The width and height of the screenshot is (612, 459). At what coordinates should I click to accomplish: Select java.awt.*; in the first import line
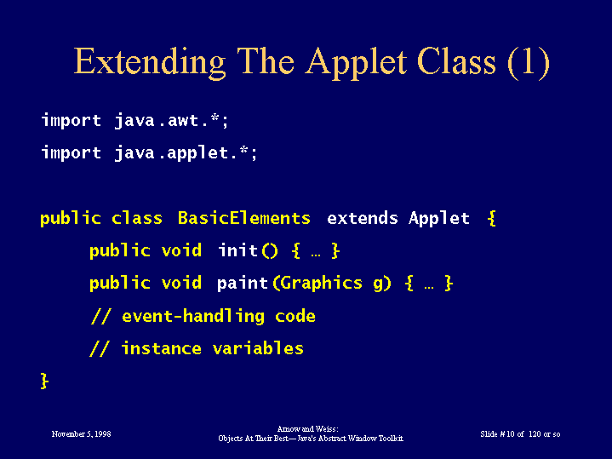[171, 121]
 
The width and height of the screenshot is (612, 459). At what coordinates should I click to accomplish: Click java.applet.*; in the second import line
[186, 153]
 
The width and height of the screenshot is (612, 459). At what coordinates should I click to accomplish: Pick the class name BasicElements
[244, 218]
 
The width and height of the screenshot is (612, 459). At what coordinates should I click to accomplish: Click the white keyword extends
[363, 218]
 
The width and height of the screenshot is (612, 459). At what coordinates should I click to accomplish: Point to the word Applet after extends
[438, 219]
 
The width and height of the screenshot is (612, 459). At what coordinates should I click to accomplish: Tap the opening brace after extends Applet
[492, 218]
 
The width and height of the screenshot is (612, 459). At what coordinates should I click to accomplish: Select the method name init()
[248, 250]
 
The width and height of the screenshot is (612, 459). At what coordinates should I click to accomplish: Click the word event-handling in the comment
[193, 316]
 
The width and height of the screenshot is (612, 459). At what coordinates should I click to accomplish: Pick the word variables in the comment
[258, 348]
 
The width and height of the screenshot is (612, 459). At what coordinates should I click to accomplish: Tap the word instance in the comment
[162, 348]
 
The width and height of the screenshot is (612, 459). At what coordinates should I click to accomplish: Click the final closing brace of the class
[44, 381]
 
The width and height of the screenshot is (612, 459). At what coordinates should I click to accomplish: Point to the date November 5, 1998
[81, 434]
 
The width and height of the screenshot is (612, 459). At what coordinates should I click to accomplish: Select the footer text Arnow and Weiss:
[307, 429]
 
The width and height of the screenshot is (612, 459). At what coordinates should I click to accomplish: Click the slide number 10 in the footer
[510, 434]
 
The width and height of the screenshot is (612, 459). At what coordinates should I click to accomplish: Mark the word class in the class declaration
[136, 218]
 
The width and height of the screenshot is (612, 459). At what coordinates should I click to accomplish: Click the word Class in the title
[456, 62]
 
